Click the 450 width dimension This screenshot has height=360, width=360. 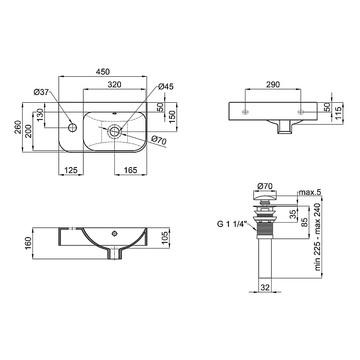103,72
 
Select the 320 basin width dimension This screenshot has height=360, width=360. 114,84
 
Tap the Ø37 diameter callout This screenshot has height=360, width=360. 41,92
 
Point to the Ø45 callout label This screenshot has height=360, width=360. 166,86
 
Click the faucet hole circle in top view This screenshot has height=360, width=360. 72,127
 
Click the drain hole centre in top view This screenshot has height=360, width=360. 114,132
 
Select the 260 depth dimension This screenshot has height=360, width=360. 18,127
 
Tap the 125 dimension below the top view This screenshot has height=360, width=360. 71,170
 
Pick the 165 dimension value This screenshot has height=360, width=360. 131,170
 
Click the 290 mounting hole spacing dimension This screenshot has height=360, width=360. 273,84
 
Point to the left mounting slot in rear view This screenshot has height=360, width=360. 245,112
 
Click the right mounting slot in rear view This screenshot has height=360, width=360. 301,112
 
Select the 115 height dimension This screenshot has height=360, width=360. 338,113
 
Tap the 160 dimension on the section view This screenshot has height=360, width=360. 28,243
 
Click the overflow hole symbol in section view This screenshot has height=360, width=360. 114,234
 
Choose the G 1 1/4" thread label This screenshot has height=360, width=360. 232,224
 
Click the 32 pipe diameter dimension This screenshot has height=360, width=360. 265,287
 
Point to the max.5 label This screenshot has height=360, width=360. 310,192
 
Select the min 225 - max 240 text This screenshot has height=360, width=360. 317,237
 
